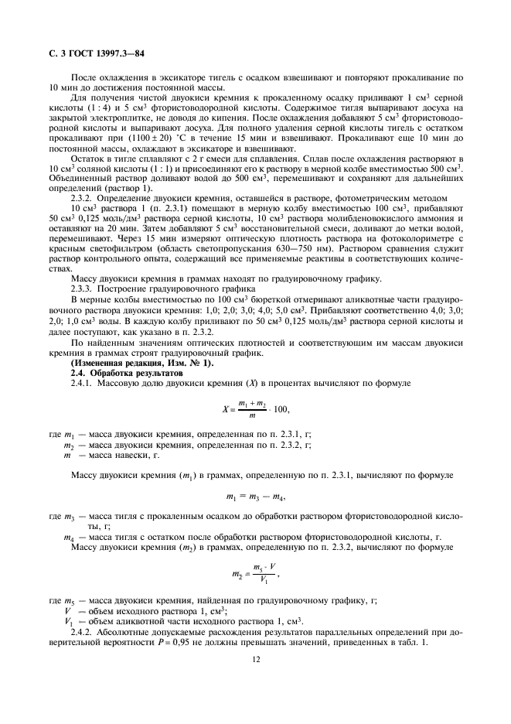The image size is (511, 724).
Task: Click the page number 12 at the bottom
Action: coord(255,661)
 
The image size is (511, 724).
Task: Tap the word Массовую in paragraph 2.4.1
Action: coord(122,383)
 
